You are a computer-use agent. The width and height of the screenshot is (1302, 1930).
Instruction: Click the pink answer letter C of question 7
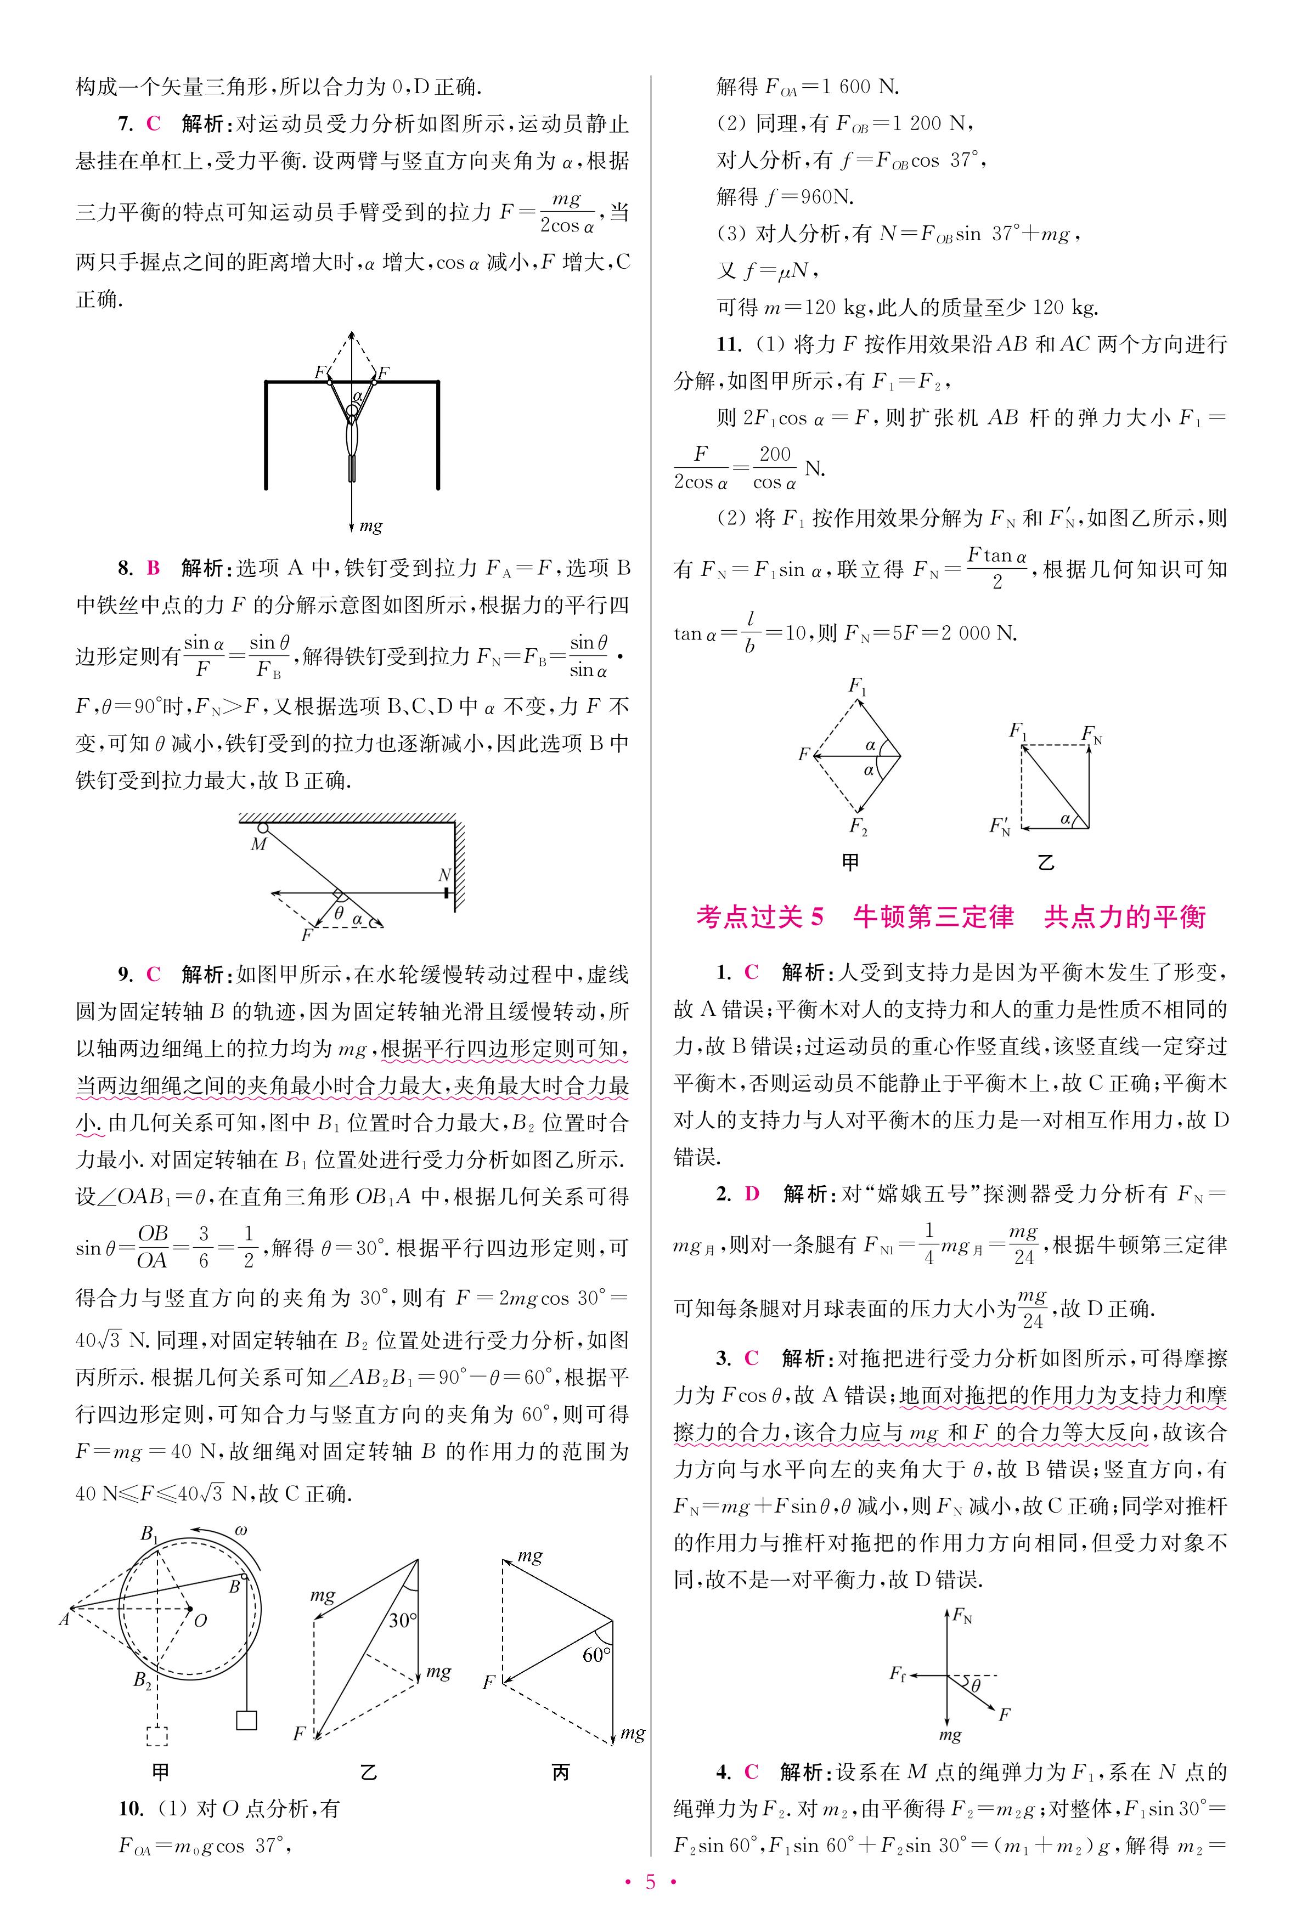153,124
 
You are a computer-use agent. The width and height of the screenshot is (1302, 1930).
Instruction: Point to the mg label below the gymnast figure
370,525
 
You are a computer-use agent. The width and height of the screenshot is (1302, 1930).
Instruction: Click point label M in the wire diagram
259,844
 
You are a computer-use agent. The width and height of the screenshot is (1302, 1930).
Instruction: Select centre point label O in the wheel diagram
200,1620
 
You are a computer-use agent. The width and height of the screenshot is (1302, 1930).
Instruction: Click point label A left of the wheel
64,1618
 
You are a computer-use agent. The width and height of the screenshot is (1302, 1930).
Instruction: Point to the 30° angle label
403,1620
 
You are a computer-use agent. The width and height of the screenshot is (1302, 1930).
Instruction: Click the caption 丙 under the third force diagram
561,1771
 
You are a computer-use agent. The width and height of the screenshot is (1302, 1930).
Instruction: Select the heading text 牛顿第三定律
933,916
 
